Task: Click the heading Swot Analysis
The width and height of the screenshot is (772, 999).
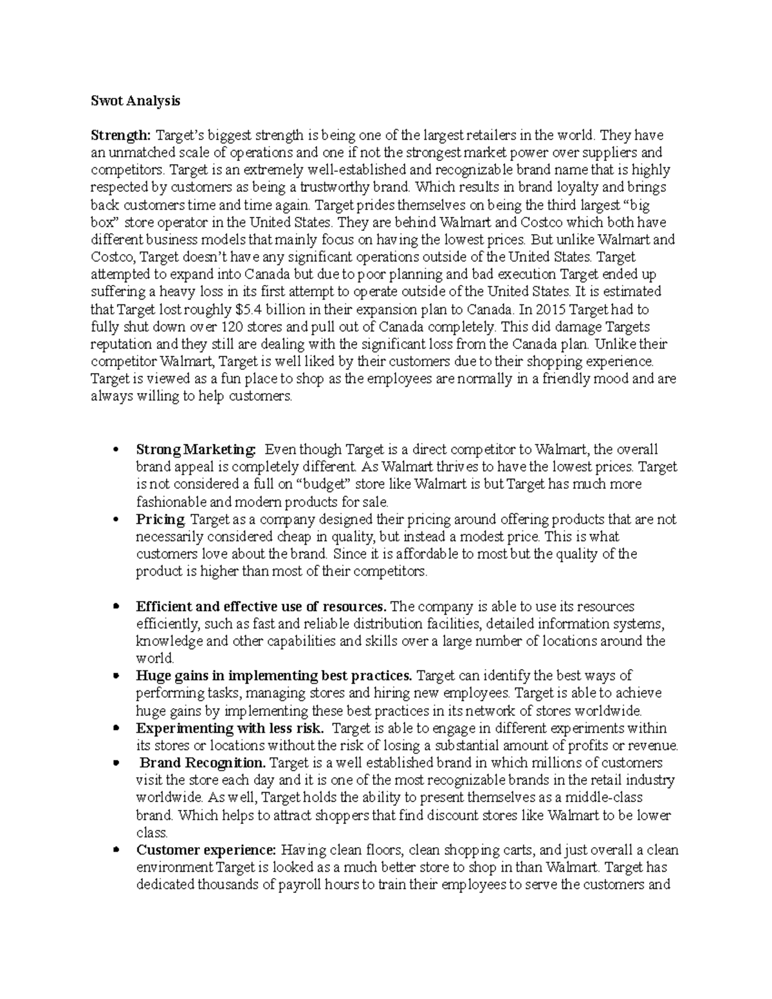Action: click(135, 101)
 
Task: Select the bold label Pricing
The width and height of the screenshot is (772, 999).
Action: click(161, 518)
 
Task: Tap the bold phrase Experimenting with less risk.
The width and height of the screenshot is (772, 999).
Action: click(230, 728)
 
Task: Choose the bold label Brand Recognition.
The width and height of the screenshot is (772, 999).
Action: click(203, 763)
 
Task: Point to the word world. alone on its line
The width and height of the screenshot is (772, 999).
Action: click(155, 658)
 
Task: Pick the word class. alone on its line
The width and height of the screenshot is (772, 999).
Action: click(152, 832)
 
